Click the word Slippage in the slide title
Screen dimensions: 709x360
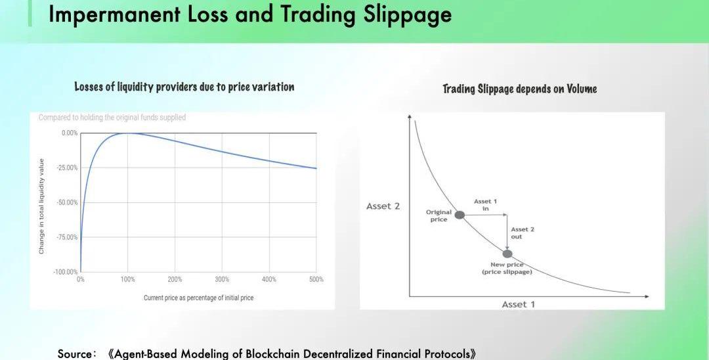click(408, 14)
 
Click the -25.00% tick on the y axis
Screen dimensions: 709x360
click(67, 168)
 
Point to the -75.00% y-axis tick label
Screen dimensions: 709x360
click(67, 237)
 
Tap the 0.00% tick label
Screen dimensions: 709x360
click(70, 133)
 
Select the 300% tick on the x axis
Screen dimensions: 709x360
click(222, 279)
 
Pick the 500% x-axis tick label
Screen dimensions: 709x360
click(316, 279)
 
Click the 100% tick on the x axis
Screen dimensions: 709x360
click(127, 279)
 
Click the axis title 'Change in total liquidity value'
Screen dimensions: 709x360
click(41, 206)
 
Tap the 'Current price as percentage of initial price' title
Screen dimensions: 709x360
click(198, 298)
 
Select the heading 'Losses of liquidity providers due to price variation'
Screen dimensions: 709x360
click(184, 87)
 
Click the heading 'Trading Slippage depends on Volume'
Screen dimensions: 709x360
click(519, 89)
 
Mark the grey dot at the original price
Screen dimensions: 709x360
click(460, 215)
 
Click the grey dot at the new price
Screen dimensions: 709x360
click(507, 254)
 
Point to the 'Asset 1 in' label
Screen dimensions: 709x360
click(485, 205)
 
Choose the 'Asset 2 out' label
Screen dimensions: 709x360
click(523, 233)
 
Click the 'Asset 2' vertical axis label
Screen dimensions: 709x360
click(383, 206)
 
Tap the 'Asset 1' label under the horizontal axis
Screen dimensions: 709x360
click(518, 304)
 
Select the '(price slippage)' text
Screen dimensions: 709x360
click(507, 272)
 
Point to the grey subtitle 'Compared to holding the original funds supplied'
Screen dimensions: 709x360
click(112, 118)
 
